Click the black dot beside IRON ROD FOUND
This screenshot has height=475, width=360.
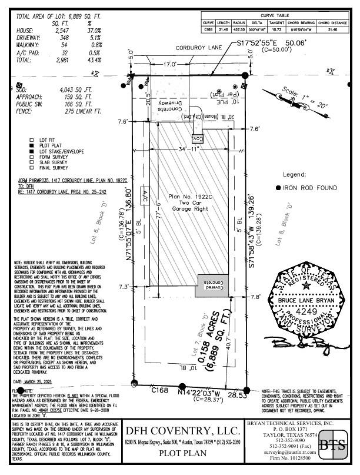(x=278, y=188)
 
